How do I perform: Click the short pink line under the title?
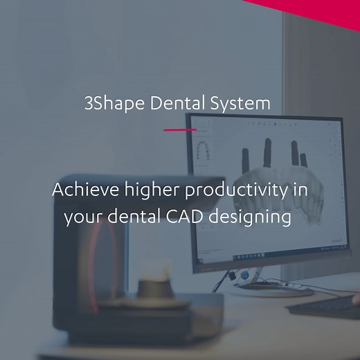coord(180,129)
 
